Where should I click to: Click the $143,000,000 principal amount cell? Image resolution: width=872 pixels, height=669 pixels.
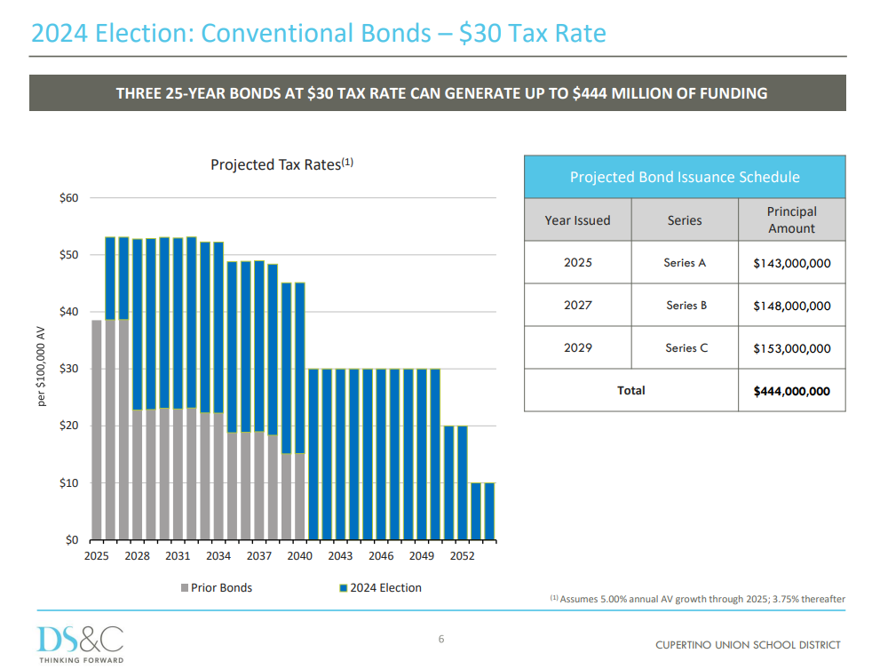(x=791, y=263)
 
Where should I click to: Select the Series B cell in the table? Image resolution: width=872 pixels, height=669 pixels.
(x=686, y=305)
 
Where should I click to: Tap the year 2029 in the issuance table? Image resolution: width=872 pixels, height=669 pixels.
(x=578, y=348)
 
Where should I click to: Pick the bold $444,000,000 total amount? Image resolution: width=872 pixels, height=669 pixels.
(x=791, y=391)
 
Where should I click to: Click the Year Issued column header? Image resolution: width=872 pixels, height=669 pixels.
(x=577, y=219)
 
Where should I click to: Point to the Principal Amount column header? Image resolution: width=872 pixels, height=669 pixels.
(x=791, y=219)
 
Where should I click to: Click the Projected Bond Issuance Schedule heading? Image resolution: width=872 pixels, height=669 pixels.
(x=685, y=177)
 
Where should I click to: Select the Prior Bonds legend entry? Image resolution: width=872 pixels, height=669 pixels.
(x=217, y=588)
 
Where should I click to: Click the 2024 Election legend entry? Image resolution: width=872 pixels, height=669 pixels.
(x=380, y=588)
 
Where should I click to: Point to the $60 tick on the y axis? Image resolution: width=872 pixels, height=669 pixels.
(x=69, y=197)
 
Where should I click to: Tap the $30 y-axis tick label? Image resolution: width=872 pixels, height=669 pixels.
(x=69, y=369)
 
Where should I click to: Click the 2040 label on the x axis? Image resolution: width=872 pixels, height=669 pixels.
(x=300, y=556)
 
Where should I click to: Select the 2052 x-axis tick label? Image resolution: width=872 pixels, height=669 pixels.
(x=462, y=556)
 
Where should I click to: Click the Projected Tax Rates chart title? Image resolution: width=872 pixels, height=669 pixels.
(x=282, y=164)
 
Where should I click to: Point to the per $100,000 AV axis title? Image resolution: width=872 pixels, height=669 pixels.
(x=41, y=366)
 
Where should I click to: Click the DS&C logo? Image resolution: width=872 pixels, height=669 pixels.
(x=81, y=644)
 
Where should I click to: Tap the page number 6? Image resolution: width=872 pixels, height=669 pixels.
(x=441, y=639)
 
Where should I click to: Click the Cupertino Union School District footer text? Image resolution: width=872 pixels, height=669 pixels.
(x=748, y=645)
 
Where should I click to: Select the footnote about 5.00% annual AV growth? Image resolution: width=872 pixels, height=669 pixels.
(x=697, y=599)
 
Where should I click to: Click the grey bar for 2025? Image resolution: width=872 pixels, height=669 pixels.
(x=97, y=430)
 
